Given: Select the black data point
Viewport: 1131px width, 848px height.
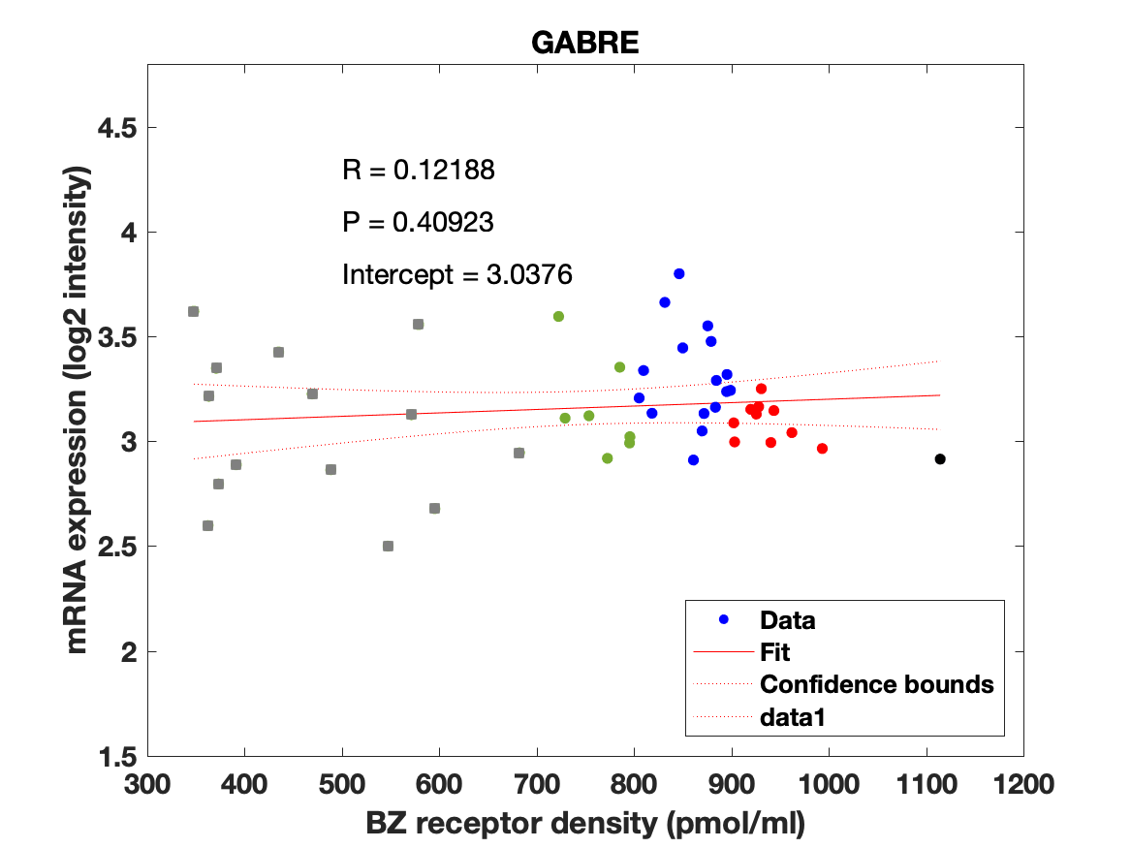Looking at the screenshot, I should [939, 459].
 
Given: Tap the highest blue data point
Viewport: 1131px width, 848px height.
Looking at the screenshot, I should [679, 274].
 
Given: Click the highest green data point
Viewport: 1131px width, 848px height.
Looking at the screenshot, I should [558, 317].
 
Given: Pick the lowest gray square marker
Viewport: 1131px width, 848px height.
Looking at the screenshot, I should [388, 546].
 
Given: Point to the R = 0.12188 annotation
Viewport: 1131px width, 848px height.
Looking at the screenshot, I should [419, 171].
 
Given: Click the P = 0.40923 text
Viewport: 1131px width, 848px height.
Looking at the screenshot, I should [418, 223].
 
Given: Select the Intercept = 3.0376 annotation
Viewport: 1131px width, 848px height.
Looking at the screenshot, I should [457, 275].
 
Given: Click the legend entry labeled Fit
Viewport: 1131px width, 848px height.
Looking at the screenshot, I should [775, 652].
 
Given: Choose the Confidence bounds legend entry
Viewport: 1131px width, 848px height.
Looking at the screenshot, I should [876, 684].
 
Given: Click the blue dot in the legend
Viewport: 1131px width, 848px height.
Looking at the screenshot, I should [723, 620].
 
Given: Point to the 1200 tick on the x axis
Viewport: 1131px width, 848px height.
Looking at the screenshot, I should [1023, 783].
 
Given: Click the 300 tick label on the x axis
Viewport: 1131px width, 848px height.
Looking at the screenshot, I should [147, 783].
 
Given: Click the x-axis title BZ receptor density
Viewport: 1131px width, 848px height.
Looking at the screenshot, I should [585, 824].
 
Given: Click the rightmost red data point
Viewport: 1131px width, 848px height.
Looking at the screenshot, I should [822, 449].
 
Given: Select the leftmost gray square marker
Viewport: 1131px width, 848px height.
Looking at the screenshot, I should [193, 311].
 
